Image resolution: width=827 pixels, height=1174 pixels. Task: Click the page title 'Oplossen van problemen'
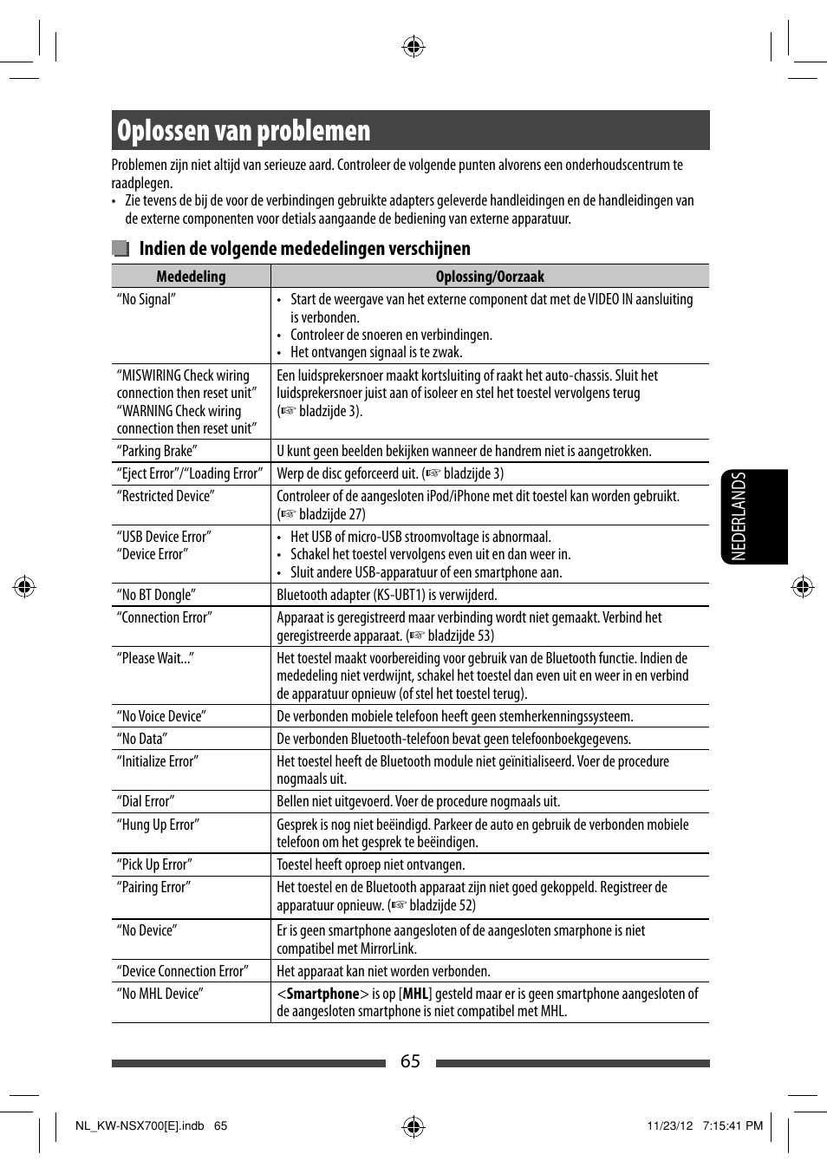(x=244, y=131)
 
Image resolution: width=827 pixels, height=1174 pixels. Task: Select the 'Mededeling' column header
(x=191, y=277)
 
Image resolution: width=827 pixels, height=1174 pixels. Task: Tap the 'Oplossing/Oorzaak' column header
(x=490, y=277)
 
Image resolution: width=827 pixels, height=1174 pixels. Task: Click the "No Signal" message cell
(x=147, y=299)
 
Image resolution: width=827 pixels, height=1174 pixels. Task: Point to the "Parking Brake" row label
(x=157, y=451)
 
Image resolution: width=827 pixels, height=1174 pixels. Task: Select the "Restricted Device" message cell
(x=166, y=496)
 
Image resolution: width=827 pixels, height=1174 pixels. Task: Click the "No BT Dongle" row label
(x=156, y=595)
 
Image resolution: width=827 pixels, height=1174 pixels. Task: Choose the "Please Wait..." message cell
(x=155, y=658)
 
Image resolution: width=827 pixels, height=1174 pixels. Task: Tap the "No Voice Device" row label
(x=161, y=716)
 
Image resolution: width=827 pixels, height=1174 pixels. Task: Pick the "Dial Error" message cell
(x=146, y=801)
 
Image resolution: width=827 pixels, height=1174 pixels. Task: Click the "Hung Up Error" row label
(x=158, y=825)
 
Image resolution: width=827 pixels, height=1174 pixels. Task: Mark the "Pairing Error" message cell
(x=153, y=887)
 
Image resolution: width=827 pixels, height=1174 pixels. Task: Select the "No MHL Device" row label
(x=160, y=994)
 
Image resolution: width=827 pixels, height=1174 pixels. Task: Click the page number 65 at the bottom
(x=410, y=1062)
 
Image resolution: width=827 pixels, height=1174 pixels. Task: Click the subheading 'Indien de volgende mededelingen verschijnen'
(x=304, y=249)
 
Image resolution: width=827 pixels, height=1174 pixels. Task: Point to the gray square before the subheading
(x=120, y=249)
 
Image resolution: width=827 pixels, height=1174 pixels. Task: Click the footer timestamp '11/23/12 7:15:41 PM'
(x=704, y=1125)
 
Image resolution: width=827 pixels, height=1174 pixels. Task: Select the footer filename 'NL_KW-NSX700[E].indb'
(x=140, y=1125)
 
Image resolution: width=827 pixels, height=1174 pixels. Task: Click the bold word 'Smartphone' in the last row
(x=322, y=994)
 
